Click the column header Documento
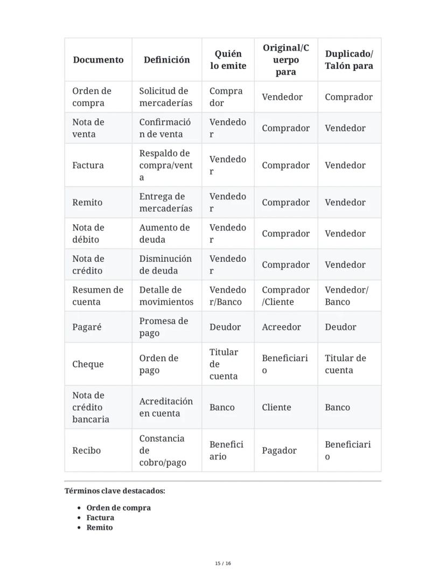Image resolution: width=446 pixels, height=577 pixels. click(98, 60)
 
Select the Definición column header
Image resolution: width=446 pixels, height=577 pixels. click(166, 60)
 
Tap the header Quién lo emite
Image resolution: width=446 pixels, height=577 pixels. click(228, 60)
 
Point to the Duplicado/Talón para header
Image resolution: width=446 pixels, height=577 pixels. click(349, 60)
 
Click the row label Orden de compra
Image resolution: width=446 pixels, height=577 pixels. click(92, 97)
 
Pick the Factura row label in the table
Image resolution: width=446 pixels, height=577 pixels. click(88, 165)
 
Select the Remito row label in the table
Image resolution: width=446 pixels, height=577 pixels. click(87, 203)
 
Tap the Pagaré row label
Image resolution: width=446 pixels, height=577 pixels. click(87, 327)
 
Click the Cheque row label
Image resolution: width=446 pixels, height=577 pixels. click(88, 364)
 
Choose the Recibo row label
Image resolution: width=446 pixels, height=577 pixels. click(86, 450)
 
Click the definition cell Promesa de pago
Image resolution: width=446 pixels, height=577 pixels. click(164, 327)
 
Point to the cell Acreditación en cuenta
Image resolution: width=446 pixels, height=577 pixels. click(166, 407)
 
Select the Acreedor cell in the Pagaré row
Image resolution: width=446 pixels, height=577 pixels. click(281, 327)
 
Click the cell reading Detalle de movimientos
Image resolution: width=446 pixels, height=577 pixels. click(166, 296)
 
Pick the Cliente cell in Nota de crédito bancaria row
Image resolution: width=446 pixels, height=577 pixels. click(276, 407)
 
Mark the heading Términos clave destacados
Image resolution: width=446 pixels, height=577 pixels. click(115, 491)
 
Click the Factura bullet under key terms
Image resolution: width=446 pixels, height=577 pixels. click(100, 518)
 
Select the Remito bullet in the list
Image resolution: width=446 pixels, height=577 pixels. click(100, 527)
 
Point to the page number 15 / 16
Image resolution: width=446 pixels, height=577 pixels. click(223, 564)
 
